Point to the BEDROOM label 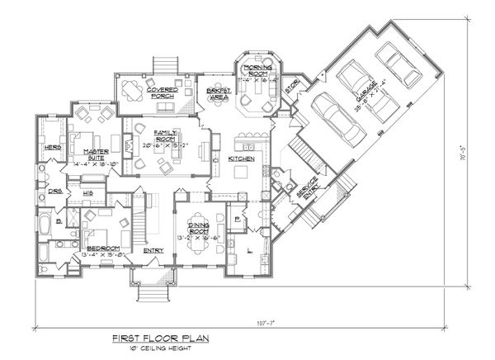click(x=102, y=250)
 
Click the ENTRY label click(x=154, y=250)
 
